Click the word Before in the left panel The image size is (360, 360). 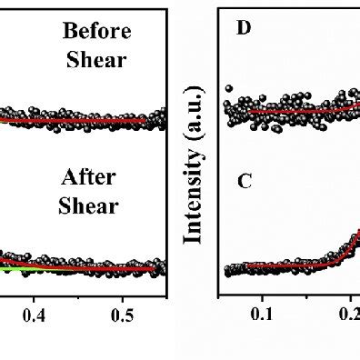tap(96, 32)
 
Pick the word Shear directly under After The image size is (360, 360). tap(89, 205)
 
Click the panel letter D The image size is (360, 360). tap(243, 27)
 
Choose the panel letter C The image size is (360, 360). tap(244, 181)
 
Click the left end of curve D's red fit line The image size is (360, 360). tap(249, 112)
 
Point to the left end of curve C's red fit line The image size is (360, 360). tap(245, 266)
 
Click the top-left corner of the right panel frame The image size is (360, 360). tap(219, 8)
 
